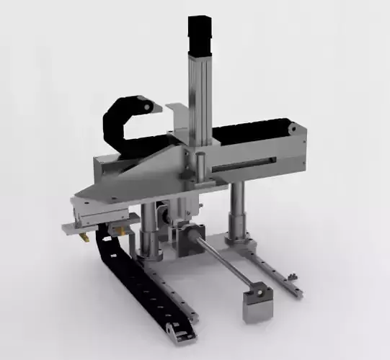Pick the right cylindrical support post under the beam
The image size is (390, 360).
click(x=236, y=212)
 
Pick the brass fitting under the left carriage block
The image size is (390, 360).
click(x=85, y=235)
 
